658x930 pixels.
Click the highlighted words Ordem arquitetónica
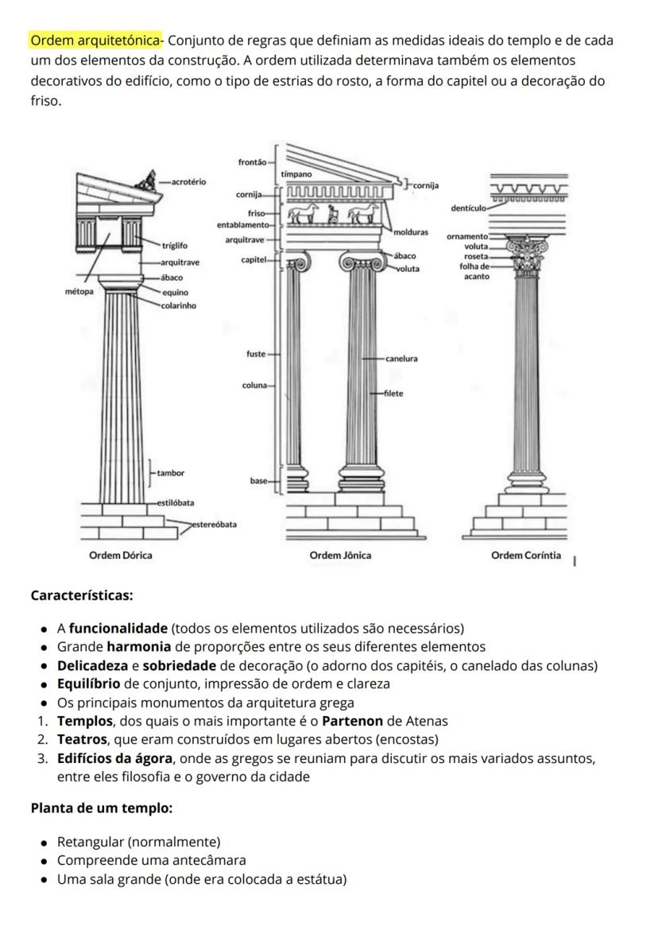pos(95,41)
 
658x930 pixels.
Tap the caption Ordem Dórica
pos(121,555)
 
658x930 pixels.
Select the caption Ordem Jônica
pos(340,555)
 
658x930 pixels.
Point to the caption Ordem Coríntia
pos(525,555)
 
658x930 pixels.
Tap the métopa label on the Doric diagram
pos(79,292)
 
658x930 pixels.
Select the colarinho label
pos(179,305)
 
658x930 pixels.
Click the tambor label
pos(170,473)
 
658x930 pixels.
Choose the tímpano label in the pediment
pos(296,173)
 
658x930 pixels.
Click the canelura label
pos(401,359)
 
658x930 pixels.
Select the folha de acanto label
pos(475,271)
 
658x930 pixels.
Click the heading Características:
pos(82,595)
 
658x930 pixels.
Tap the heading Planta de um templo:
pos(102,808)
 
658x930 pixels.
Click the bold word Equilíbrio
pos(88,684)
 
